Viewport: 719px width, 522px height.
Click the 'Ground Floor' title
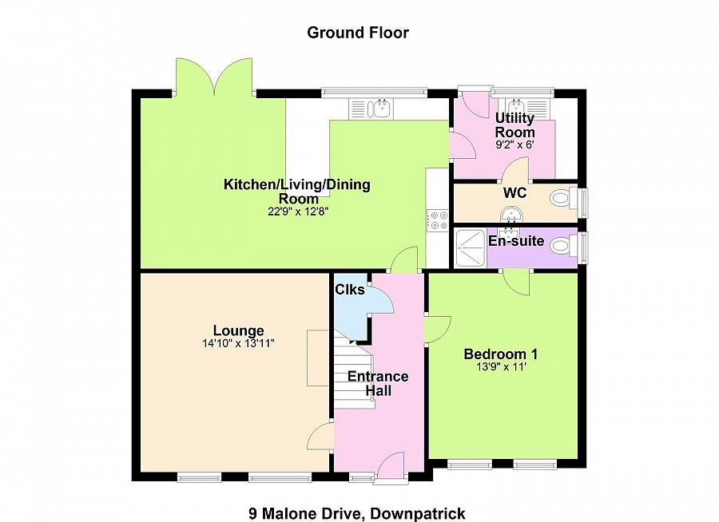click(x=358, y=33)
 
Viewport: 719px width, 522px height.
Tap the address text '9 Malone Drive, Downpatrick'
click(x=356, y=513)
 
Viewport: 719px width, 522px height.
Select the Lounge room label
click(x=238, y=331)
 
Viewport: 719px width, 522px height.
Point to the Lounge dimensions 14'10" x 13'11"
click(x=238, y=344)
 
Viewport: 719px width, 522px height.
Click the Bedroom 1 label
click(x=501, y=354)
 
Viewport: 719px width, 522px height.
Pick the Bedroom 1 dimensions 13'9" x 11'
click(x=501, y=367)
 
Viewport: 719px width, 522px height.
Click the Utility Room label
click(x=514, y=125)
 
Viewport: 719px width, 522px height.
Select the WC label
click(x=514, y=193)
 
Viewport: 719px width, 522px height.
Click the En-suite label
click(x=516, y=241)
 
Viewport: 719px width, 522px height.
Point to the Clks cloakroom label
click(x=350, y=290)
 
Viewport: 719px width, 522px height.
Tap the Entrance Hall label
click(x=378, y=383)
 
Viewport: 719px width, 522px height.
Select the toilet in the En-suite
click(x=563, y=247)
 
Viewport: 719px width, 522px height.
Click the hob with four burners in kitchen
click(x=438, y=219)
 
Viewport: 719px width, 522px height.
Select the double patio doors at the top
click(x=213, y=76)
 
